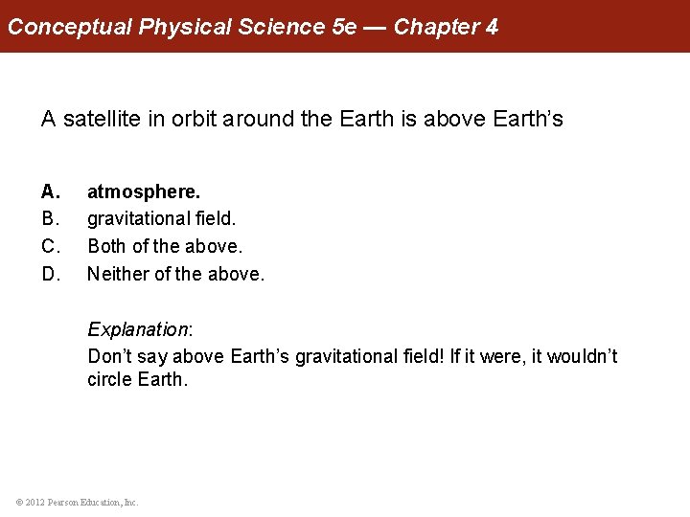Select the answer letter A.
pos(50,192)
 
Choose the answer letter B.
pos(50,219)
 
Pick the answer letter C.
pos(50,246)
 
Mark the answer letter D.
pos(50,274)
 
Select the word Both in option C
pos(106,246)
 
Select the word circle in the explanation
pos(109,379)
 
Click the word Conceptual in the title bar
pos(70,27)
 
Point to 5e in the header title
pos(343,27)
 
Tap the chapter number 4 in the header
pos(492,27)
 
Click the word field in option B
pos(216,219)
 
